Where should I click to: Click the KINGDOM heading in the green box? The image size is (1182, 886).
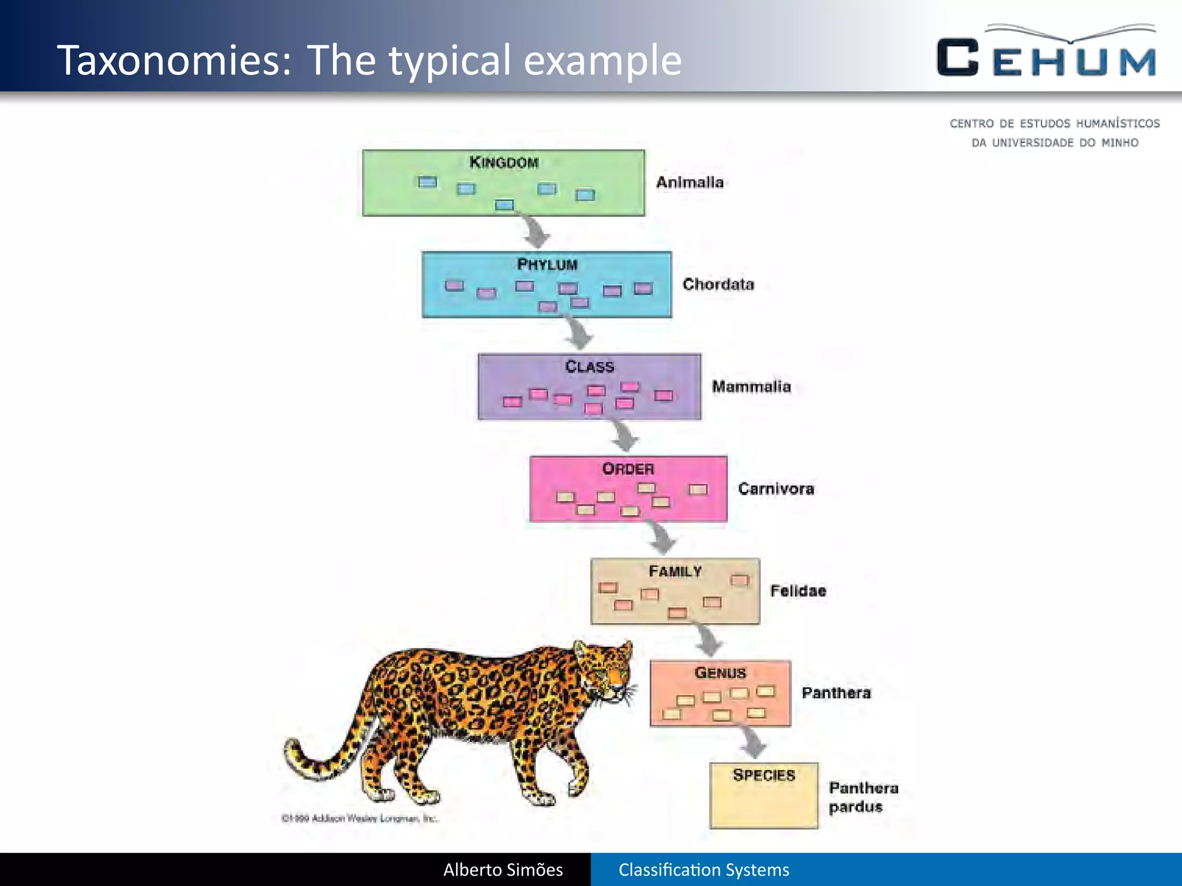pos(504,162)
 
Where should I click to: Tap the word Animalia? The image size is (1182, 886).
pos(690,182)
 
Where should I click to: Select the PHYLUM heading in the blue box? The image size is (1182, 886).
pos(547,265)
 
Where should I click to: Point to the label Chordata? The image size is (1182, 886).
pos(718,284)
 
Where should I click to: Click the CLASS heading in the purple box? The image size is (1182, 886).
pos(589,367)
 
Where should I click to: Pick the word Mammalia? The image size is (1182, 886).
pos(751,386)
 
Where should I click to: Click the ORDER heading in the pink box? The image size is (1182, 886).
pos(628,469)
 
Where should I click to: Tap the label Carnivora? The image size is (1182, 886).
pos(776,489)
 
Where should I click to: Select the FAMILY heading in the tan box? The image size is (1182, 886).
pos(675,571)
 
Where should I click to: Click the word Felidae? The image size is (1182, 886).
pos(798,591)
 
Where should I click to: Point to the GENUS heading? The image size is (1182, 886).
pos(720,673)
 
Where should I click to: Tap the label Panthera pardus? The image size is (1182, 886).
pos(862,797)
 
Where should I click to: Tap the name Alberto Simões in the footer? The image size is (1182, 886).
pos(503,869)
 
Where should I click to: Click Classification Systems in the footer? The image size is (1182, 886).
pos(704,869)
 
